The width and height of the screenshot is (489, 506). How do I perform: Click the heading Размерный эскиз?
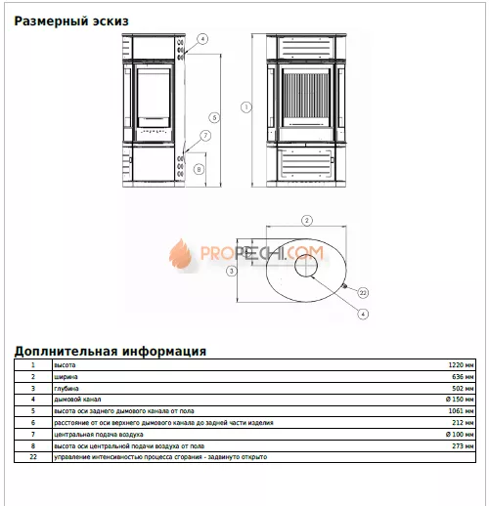tap(71, 20)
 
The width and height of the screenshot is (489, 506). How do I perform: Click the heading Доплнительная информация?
tap(109, 351)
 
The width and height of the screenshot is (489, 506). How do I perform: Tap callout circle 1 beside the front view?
tap(247, 106)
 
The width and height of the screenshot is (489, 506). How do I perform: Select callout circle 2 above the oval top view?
tap(306, 220)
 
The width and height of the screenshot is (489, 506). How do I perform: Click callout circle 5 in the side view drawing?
tap(214, 116)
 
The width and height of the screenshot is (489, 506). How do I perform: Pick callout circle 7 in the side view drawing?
tap(205, 135)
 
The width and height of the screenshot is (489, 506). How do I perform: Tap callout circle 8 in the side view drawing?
tap(199, 169)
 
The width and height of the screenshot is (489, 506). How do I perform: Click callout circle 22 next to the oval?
tap(362, 292)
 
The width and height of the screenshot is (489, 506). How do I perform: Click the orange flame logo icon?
tap(182, 255)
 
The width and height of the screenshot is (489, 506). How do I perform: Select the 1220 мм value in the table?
tap(462, 364)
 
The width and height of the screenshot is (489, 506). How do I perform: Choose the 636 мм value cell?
tap(464, 376)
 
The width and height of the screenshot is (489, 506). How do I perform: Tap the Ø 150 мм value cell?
tap(460, 399)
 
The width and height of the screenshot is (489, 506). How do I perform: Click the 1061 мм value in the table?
tap(462, 410)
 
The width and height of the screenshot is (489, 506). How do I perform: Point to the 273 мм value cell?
tap(464, 444)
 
